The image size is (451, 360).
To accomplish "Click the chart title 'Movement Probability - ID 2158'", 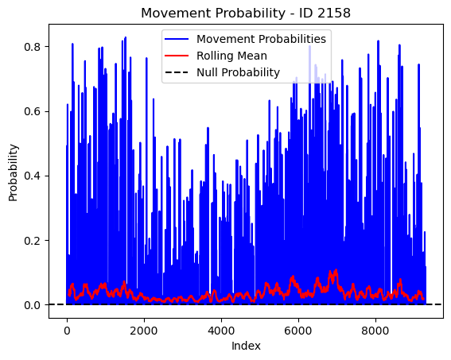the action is coord(246,13).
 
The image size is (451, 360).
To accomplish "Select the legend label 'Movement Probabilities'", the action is coord(261,39).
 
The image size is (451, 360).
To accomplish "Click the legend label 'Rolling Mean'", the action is coord(231,56).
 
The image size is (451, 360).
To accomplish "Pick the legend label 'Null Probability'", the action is coord(238,72).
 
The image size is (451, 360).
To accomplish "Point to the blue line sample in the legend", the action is coord(177,39).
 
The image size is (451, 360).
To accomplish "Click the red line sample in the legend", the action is coord(177,56).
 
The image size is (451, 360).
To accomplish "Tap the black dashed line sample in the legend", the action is coord(177,72).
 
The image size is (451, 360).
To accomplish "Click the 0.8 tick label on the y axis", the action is coord(32,47).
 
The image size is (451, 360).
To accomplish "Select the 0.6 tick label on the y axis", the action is coord(32,111).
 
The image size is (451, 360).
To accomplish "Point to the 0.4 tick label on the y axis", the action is coord(32,176).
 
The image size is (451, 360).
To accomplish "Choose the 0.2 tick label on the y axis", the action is coord(32,241).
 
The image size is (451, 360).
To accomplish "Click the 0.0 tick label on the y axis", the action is coord(32,305).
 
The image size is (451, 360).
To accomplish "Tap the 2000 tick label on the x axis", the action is coord(144,331).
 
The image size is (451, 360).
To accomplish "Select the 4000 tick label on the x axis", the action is coord(221,331).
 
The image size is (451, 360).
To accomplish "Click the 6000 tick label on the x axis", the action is coord(298,331).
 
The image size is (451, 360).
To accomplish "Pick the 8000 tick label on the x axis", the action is coord(375,331).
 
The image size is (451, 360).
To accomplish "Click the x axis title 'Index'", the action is coord(246,346).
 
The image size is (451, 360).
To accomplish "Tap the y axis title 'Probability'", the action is coord(13,172).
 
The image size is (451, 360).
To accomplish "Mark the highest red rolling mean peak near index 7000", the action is coord(336,269).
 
